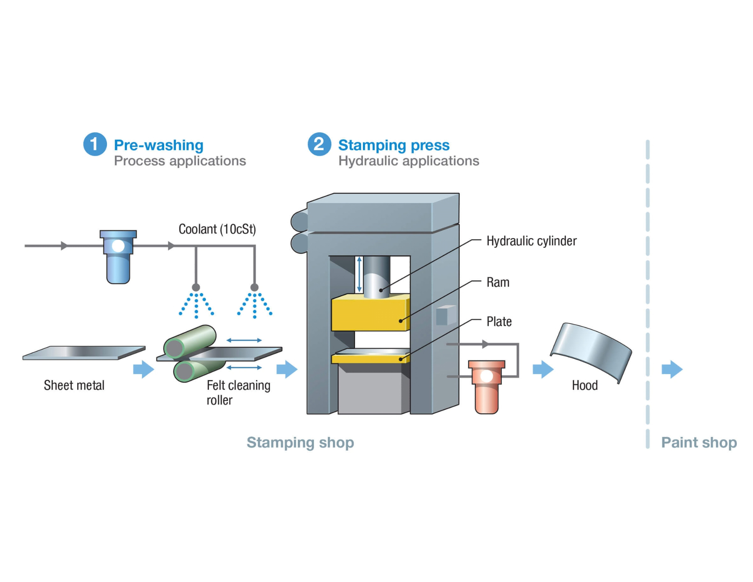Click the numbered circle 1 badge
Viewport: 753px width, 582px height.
pyautogui.click(x=95, y=144)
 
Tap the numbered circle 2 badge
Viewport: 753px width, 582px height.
pyautogui.click(x=319, y=144)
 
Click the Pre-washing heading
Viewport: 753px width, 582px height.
pyautogui.click(x=159, y=145)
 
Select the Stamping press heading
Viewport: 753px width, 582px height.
pyautogui.click(x=393, y=145)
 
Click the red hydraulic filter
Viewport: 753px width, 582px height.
pyautogui.click(x=486, y=386)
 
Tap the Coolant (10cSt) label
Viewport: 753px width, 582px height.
pyautogui.click(x=217, y=229)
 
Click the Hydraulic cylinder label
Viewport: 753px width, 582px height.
pyautogui.click(x=531, y=241)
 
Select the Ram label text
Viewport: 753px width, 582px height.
pyautogui.click(x=498, y=282)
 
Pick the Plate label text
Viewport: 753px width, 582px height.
pyautogui.click(x=499, y=321)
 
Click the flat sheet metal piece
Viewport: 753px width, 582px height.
pyautogui.click(x=84, y=353)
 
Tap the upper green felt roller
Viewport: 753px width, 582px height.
pyautogui.click(x=191, y=341)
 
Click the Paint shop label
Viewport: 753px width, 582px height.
pyautogui.click(x=699, y=442)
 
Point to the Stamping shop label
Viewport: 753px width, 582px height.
pyautogui.click(x=300, y=442)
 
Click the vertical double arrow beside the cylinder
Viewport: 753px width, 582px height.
pyautogui.click(x=359, y=274)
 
